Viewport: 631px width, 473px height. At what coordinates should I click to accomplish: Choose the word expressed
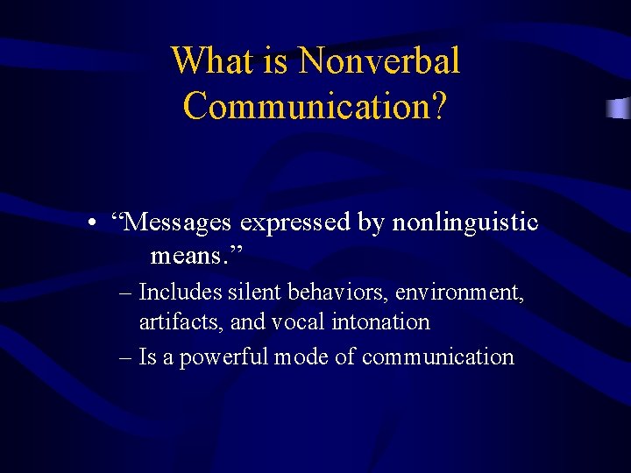coord(295,223)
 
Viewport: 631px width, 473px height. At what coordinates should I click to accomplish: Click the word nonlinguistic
coord(464,223)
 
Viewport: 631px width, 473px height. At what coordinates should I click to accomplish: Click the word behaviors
coord(331,292)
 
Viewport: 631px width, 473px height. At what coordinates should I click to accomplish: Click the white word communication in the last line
coord(437,357)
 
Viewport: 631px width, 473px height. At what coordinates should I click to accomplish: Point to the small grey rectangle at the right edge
coord(618,109)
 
